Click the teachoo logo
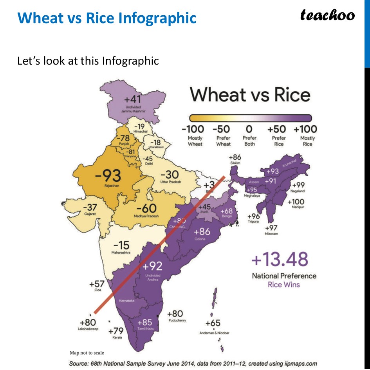tap(327, 15)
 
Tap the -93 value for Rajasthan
tap(108, 176)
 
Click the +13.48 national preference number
tap(280, 260)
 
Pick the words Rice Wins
tap(284, 285)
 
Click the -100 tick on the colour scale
tap(193, 129)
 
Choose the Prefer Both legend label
tap(249, 141)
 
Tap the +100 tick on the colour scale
tap(305, 129)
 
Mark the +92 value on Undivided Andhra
tap(152, 267)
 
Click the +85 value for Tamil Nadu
tap(144, 323)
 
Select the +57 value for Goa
tap(97, 283)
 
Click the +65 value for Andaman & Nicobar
tap(213, 323)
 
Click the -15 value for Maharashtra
tap(121, 245)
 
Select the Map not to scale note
tap(87, 353)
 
